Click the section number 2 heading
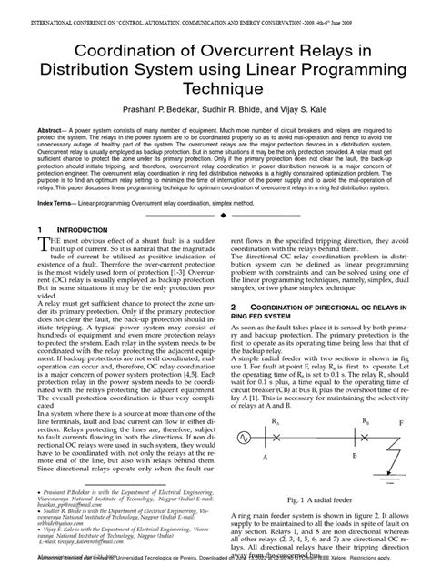pyautogui.click(x=235, y=308)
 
